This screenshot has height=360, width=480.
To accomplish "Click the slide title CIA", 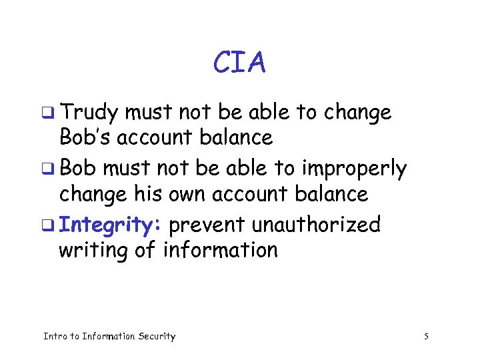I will (x=239, y=63).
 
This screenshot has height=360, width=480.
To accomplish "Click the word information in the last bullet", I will (x=220, y=251).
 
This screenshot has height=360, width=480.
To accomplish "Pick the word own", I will (x=188, y=195).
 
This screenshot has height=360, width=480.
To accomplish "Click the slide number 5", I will (x=426, y=337).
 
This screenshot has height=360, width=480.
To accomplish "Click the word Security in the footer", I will (x=157, y=337).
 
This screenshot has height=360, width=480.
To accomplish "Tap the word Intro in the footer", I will (x=55, y=337).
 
